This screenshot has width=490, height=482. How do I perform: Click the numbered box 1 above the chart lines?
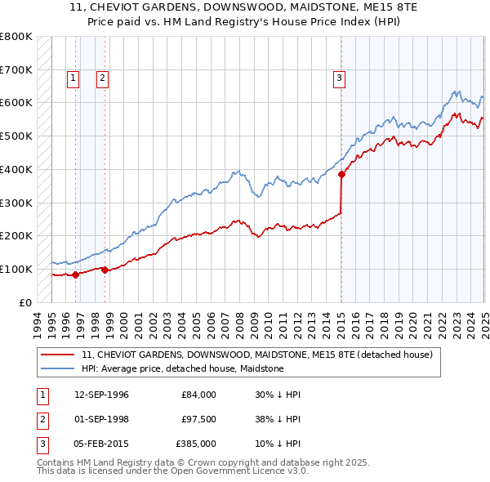(x=73, y=78)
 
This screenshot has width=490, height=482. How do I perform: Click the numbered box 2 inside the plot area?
(x=102, y=78)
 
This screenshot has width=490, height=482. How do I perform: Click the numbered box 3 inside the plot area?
(x=338, y=78)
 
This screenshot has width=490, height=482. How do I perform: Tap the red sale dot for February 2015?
(x=341, y=174)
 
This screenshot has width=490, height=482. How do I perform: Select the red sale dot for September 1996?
(x=76, y=274)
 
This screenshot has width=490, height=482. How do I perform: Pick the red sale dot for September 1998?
(x=105, y=270)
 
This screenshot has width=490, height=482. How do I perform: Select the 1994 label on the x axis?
(x=38, y=322)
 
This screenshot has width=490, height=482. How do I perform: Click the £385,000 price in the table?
(x=196, y=444)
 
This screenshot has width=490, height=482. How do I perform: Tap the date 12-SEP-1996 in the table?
(x=101, y=395)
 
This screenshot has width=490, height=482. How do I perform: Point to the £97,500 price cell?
(x=198, y=419)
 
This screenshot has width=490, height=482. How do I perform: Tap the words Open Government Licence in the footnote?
(x=228, y=471)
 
